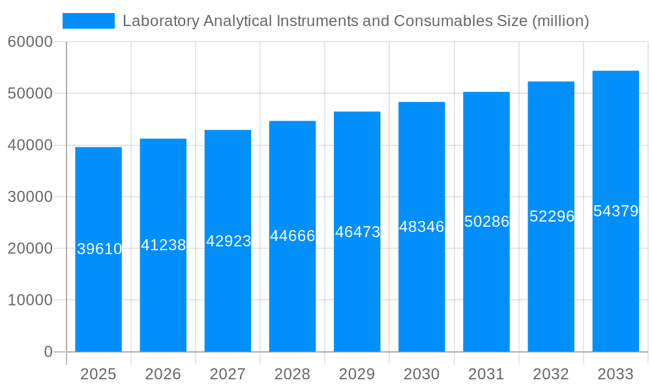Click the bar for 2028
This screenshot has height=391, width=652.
coord(292,293)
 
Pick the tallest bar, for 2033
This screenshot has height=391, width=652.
coord(615,280)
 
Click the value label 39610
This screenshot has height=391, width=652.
coord(99,249)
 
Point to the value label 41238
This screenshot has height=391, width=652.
coord(164,245)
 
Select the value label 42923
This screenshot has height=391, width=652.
coord(228,241)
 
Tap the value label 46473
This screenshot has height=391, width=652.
coord(357,232)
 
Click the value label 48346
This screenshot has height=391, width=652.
coord(422,227)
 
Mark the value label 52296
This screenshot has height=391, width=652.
coord(551,216)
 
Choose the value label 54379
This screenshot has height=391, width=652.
coord(615,211)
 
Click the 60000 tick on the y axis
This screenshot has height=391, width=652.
coord(30,42)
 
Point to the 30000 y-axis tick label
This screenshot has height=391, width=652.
coord(30,197)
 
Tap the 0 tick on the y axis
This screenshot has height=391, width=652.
coord(48,352)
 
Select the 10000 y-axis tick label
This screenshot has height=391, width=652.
coord(30,300)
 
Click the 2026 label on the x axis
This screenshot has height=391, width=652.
coord(163,374)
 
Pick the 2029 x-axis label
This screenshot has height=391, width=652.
coord(357,374)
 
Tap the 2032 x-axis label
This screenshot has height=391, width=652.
coord(551,374)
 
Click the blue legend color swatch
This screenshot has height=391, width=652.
coord(89,21)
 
